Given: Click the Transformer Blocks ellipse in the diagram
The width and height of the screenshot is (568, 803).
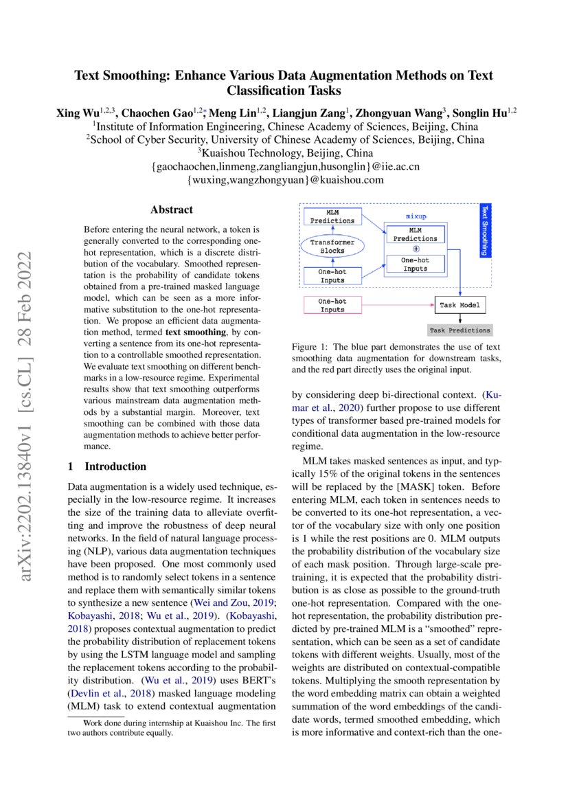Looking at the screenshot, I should (332, 247).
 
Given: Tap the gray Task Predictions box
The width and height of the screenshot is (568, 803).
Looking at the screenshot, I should (459, 330).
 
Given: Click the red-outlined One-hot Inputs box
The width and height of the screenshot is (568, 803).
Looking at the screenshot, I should (332, 306).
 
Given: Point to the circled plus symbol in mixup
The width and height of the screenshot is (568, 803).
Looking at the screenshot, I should (416, 249).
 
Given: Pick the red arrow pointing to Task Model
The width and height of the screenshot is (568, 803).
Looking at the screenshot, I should (398, 305).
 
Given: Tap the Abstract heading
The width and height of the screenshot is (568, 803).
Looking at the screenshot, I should (172, 210).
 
